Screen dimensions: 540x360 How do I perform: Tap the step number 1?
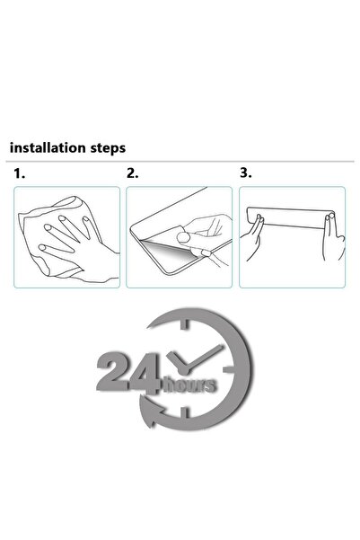[x=19, y=173]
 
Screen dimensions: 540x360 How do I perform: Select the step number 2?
[x=132, y=173]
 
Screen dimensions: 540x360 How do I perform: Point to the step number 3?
[x=245, y=173]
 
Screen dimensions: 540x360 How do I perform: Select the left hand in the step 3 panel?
[x=260, y=242]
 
